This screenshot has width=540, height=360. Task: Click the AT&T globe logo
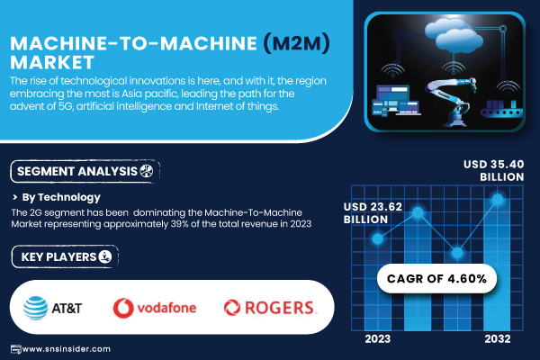[36, 308]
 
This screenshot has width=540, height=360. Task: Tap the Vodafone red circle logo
[123, 308]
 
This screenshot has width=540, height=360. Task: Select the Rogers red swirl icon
[232, 308]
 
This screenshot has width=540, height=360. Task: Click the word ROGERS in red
[279, 308]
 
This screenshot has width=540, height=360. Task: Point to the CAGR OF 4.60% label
[436, 279]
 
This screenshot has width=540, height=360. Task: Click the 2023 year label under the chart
[378, 339]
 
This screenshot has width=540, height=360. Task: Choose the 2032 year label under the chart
[498, 339]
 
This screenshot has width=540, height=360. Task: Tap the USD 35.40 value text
[493, 165]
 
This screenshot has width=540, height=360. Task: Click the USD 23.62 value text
[373, 207]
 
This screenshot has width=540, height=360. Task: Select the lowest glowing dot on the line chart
[457, 253]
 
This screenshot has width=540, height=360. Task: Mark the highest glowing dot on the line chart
[498, 199]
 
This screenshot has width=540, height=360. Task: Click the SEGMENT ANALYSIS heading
[77, 171]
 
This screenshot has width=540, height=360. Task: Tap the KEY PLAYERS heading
[58, 257]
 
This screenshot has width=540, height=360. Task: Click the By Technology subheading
[61, 197]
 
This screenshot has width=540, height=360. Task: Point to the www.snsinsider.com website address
[67, 349]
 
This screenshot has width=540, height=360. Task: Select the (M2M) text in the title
[296, 43]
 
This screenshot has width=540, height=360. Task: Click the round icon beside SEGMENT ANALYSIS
[147, 171]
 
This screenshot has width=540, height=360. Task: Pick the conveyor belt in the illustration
[502, 109]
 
